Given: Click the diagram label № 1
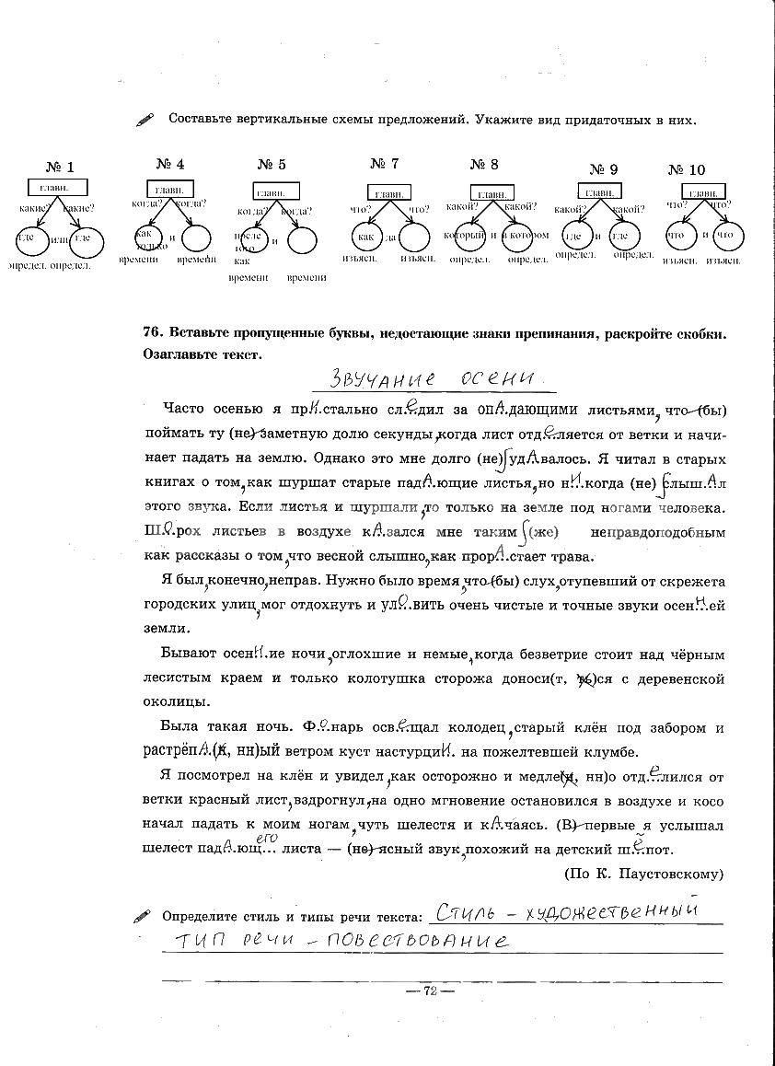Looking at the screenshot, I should (59, 167).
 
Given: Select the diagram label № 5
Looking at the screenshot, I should (271, 165).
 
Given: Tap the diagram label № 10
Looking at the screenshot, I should (686, 169).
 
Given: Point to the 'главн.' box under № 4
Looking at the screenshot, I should (169, 190).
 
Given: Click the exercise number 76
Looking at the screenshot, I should (153, 333).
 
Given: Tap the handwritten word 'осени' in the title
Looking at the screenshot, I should (497, 377).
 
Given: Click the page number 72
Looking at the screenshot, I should (430, 990).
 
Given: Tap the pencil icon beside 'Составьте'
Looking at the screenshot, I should (145, 120).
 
